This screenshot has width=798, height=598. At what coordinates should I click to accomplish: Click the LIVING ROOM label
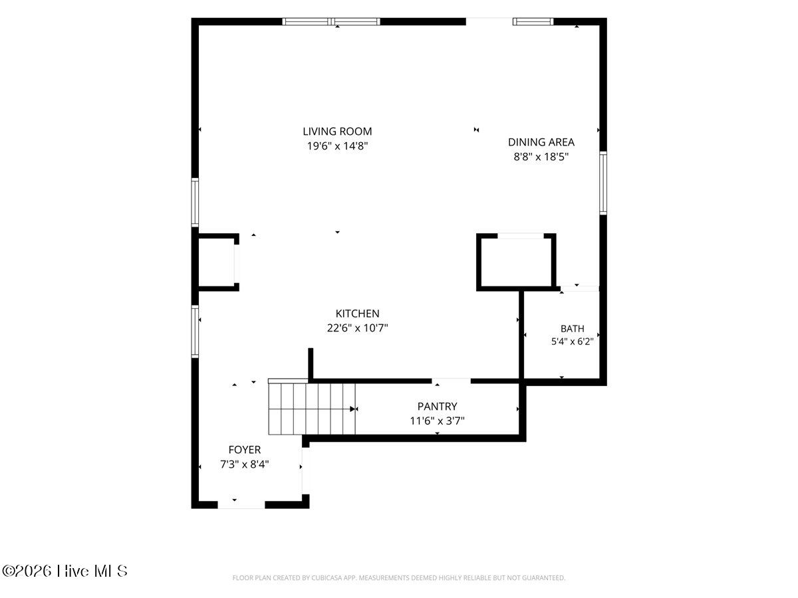[337, 131]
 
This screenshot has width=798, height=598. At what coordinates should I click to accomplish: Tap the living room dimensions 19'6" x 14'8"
[337, 146]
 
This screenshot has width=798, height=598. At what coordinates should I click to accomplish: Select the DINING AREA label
[541, 142]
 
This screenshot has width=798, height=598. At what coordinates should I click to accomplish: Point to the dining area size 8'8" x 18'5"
[541, 157]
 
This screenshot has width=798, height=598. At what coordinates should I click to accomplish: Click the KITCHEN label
[357, 314]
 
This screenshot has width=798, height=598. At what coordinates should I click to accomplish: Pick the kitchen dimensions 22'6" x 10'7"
[357, 328]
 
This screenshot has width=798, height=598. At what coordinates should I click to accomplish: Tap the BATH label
[573, 329]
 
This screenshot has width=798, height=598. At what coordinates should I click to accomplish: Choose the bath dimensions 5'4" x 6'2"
[573, 342]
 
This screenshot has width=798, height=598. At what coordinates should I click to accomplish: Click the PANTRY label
[437, 406]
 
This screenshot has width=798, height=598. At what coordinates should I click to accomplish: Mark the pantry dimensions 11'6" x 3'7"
[437, 421]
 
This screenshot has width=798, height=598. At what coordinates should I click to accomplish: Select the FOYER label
[244, 450]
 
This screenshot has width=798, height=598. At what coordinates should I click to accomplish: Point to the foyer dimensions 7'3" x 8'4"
[244, 464]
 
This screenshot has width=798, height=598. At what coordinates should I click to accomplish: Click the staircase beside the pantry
[312, 409]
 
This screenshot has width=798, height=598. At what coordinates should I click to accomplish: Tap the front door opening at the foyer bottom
[241, 505]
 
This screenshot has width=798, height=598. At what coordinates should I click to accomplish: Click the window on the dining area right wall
[602, 183]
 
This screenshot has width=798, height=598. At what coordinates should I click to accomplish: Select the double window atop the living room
[331, 21]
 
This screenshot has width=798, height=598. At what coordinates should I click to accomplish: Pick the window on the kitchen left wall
[195, 332]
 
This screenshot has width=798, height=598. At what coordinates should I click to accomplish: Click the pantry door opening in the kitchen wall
[451, 381]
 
